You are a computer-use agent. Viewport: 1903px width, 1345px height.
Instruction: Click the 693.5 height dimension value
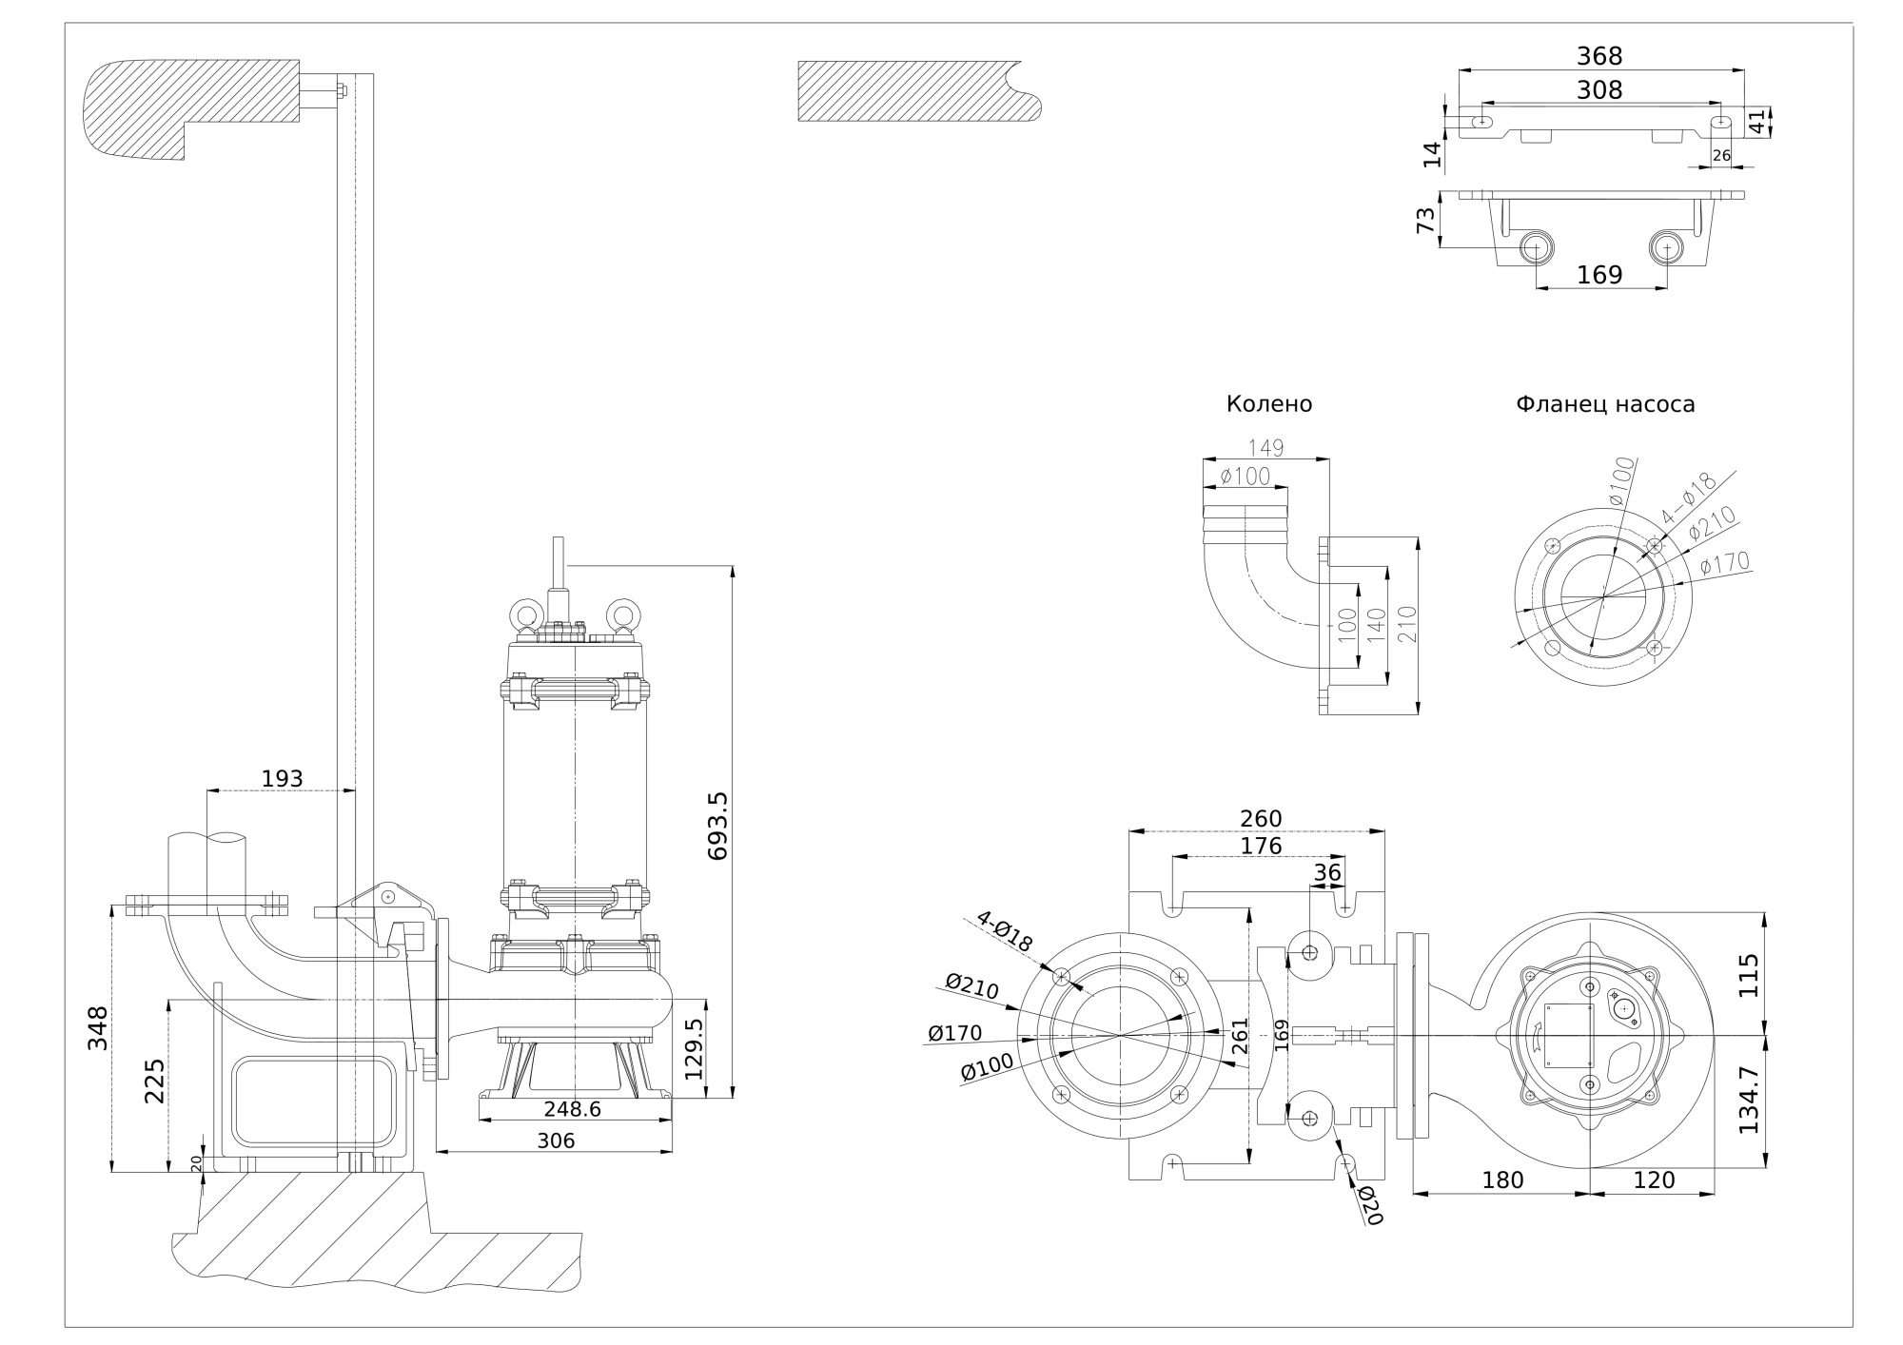718,826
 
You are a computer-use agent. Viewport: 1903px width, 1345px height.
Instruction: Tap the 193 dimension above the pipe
282,778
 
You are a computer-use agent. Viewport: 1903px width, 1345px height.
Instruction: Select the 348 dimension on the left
98,1027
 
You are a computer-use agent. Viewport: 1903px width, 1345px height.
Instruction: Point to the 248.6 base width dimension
572,1109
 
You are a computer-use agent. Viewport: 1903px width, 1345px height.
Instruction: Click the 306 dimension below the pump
556,1140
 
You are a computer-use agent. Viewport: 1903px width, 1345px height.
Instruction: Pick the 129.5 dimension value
694,1048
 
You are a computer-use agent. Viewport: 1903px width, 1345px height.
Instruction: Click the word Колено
1268,404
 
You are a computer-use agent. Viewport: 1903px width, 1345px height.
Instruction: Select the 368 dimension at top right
1599,56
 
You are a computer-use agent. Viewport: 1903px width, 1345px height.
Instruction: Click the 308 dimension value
1599,89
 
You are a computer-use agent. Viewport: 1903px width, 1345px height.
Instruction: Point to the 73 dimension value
1425,220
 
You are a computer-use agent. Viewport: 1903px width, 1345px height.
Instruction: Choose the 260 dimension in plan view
1261,818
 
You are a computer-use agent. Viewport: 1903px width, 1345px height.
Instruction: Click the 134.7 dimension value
1748,1099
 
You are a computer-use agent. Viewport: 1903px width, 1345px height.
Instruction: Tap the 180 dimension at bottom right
1502,1179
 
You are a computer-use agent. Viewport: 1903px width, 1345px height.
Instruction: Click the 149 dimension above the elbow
1265,447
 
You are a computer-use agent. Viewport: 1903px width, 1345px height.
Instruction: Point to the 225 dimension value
154,1080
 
